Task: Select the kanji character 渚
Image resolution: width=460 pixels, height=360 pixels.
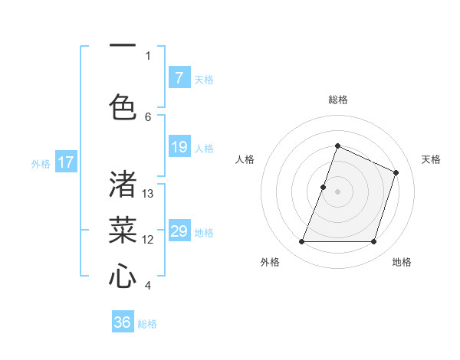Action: click(x=123, y=184)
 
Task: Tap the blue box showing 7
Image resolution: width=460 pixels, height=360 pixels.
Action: click(x=179, y=78)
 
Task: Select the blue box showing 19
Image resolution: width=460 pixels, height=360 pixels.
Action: click(x=179, y=147)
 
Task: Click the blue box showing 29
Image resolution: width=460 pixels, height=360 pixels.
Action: click(x=179, y=231)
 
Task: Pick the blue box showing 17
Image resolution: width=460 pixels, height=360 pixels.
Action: click(x=66, y=162)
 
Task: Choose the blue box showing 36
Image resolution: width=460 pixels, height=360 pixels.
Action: click(x=123, y=322)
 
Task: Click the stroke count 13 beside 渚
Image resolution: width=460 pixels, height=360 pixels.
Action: click(x=148, y=194)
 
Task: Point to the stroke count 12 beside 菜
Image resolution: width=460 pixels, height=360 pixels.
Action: click(x=148, y=240)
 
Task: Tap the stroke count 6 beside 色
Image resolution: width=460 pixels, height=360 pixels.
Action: click(x=148, y=116)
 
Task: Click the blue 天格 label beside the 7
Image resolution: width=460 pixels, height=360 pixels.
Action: click(x=204, y=79)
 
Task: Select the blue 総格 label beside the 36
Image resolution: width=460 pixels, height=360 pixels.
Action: click(x=147, y=324)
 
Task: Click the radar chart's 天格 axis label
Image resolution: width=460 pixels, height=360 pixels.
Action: click(x=431, y=159)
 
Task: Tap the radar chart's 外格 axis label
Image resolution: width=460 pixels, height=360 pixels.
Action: click(x=270, y=262)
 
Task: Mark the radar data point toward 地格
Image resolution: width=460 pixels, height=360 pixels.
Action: click(x=373, y=241)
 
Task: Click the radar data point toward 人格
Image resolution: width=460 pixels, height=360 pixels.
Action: click(x=324, y=187)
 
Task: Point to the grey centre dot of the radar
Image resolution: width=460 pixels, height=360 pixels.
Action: click(x=337, y=191)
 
